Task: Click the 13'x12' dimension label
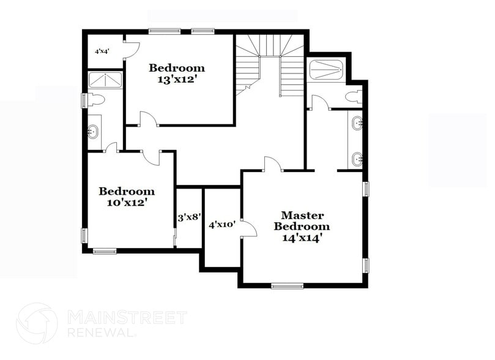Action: pyautogui.click(x=177, y=80)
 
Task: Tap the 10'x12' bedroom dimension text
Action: pyautogui.click(x=127, y=202)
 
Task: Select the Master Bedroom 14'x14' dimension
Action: pyautogui.click(x=302, y=238)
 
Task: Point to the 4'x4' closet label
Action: pyautogui.click(x=101, y=52)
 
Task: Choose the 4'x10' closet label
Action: pyautogui.click(x=222, y=225)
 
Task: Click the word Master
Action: pyautogui.click(x=302, y=216)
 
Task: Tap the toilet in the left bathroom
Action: pyautogui.click(x=97, y=99)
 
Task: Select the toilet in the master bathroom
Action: pyautogui.click(x=352, y=97)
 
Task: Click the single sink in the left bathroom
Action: pyautogui.click(x=94, y=130)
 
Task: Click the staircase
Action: pyautogui.click(x=270, y=64)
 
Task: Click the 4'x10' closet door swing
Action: pyautogui.click(x=248, y=228)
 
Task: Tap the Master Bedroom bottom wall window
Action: pyautogui.click(x=287, y=285)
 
